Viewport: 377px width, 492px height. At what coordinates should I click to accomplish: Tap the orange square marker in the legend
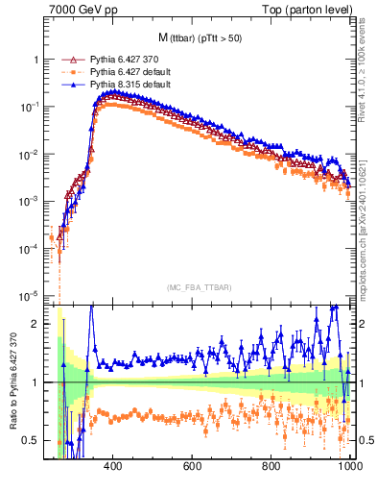point(72,72)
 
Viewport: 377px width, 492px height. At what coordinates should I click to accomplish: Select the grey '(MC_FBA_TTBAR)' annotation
point(198,287)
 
